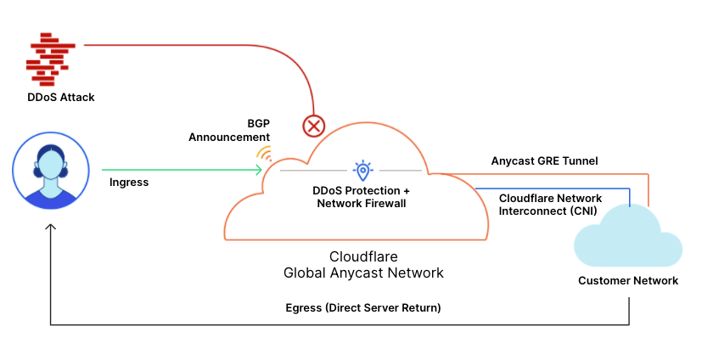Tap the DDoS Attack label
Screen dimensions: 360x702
pos(60,98)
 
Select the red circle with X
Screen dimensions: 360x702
pos(314,127)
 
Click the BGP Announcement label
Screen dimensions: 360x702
pos(229,130)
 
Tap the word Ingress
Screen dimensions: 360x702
pos(129,182)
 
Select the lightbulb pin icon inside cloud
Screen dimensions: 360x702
pos(362,170)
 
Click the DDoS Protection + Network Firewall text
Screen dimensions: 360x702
pos(362,196)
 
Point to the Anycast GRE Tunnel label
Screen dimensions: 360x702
pos(544,160)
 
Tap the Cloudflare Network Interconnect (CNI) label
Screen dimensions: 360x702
pos(548,204)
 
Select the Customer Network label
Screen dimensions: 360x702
pos(628,281)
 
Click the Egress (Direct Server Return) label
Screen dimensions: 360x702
pos(363,307)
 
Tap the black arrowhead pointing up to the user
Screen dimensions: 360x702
pos(51,227)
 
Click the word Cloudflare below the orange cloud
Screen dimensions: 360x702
pos(363,256)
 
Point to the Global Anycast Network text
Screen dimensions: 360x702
pos(363,273)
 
